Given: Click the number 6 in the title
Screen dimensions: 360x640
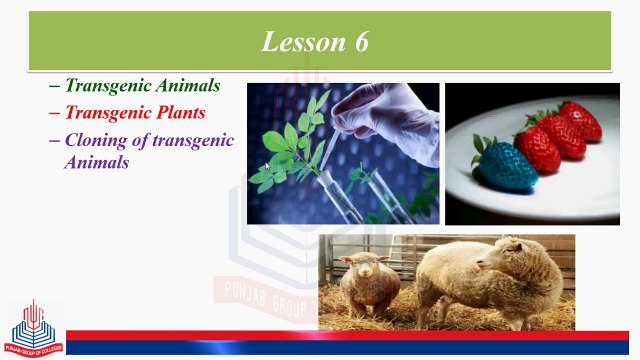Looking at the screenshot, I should tap(361, 41).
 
